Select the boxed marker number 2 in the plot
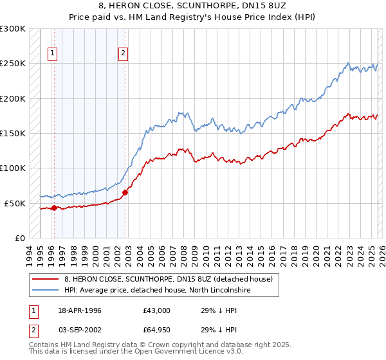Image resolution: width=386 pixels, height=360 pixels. [122, 54]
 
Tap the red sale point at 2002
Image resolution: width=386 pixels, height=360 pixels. [125, 192]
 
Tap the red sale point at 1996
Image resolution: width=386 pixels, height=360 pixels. [54, 208]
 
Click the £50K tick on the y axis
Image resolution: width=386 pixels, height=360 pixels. [15, 203]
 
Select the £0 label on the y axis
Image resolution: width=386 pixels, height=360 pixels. [20, 238]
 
